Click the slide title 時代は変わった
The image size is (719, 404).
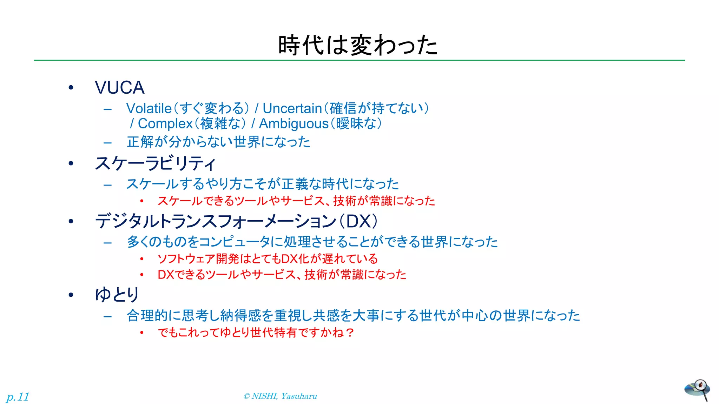point(358,45)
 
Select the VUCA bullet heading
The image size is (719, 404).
point(119,87)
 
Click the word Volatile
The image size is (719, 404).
point(149,108)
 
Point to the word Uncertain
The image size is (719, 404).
point(292,108)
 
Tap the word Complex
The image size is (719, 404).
point(165,124)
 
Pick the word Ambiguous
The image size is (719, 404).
point(293,124)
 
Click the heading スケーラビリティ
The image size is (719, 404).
point(155,163)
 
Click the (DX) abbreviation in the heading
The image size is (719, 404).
point(362,221)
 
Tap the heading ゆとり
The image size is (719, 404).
point(117,295)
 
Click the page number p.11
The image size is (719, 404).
point(18,397)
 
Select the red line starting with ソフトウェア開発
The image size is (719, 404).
point(268,259)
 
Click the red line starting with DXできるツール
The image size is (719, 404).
point(282,274)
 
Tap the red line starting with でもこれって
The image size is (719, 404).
point(256,332)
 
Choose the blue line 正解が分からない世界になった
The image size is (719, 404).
point(218,142)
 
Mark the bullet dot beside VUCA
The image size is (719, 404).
point(71,88)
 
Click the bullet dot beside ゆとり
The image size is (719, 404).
point(71,295)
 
